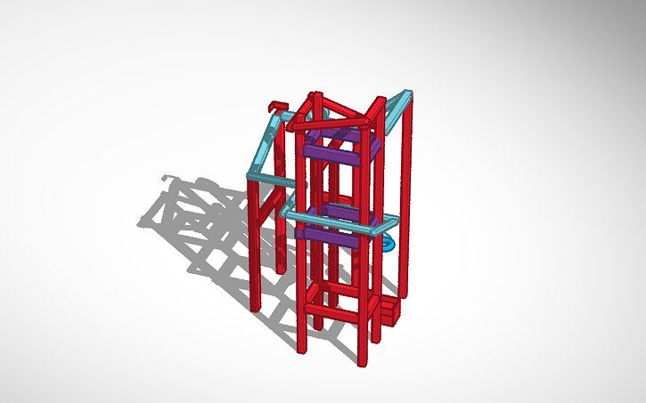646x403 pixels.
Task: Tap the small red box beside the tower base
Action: click(x=390, y=312)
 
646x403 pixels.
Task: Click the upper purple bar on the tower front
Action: click(x=330, y=154)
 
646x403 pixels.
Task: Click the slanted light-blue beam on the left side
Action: click(x=264, y=145)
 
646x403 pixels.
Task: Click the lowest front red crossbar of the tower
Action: click(x=336, y=312)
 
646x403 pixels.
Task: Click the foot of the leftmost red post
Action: click(x=255, y=306)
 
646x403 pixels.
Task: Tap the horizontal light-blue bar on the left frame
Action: click(x=272, y=181)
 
